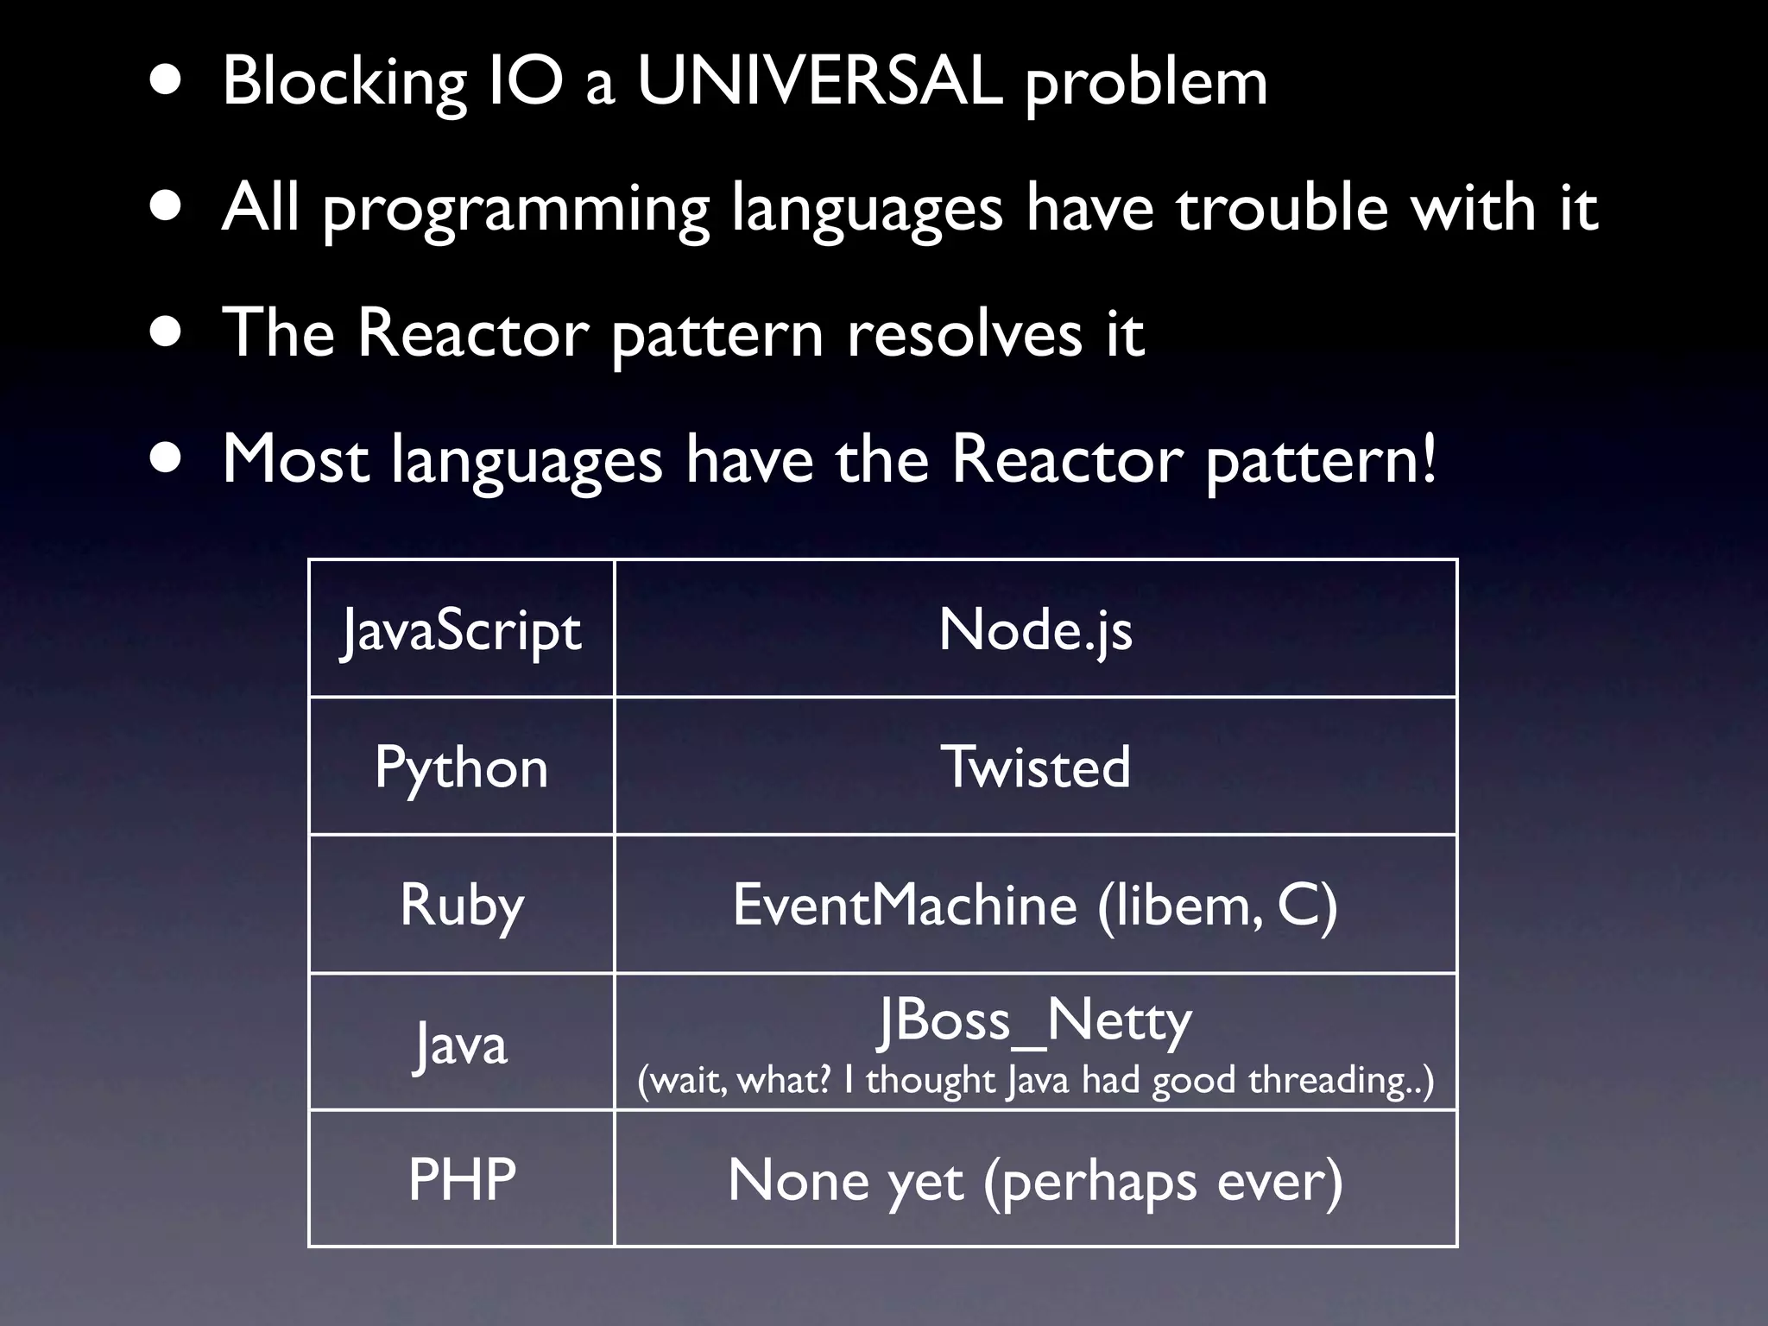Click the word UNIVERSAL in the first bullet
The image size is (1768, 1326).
click(x=819, y=82)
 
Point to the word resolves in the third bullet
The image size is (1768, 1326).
click(x=964, y=334)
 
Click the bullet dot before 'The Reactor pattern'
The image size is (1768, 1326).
click(x=165, y=334)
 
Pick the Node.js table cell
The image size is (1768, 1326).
click(x=1035, y=629)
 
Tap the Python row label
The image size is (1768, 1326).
click(x=461, y=767)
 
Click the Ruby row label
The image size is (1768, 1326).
click(x=461, y=906)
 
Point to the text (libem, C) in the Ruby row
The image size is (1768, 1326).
click(x=1217, y=905)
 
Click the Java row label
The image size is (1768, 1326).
click(x=461, y=1044)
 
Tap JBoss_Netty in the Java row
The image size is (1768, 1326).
click(x=1035, y=1021)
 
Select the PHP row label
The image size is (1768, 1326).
click(x=461, y=1179)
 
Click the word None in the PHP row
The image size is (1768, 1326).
click(x=798, y=1180)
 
